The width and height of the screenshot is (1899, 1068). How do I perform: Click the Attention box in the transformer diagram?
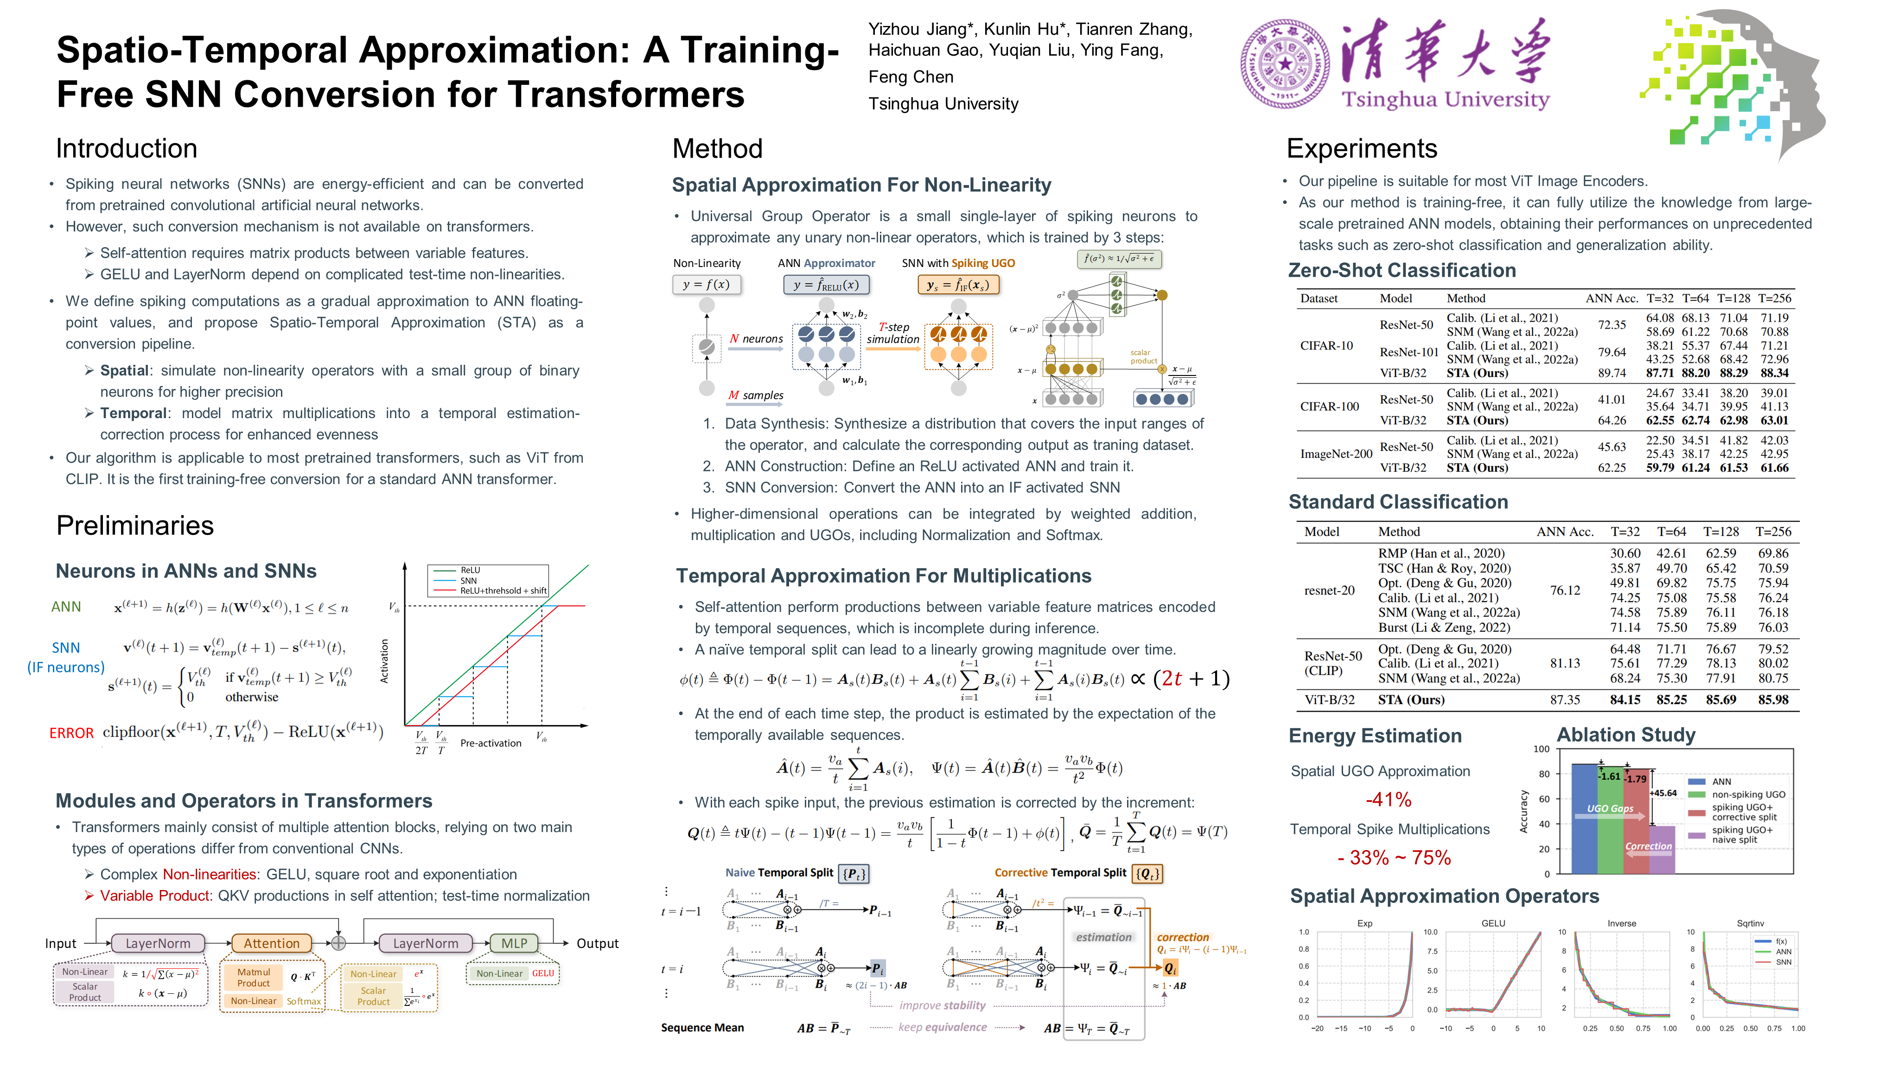point(271,943)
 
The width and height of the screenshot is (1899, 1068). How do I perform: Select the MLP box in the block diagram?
point(514,943)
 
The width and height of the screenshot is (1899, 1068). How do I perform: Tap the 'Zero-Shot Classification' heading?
point(1402,271)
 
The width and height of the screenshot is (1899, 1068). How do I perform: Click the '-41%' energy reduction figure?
point(1388,800)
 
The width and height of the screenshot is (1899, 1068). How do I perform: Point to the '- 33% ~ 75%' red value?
point(1393,858)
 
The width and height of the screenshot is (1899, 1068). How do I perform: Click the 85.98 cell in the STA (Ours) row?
point(1773,699)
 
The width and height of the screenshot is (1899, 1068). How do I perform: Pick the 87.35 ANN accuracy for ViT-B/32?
point(1564,699)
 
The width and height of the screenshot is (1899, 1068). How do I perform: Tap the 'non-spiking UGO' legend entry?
point(1748,795)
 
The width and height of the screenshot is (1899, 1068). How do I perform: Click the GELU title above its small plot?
point(1493,923)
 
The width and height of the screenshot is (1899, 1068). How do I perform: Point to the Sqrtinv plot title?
point(1750,923)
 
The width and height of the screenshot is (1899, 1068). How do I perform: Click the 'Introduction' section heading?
point(127,149)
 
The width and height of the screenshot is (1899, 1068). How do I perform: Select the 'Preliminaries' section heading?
point(135,526)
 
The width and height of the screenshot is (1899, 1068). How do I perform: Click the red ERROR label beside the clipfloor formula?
point(71,733)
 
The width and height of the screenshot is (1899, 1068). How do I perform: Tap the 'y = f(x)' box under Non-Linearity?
point(706,285)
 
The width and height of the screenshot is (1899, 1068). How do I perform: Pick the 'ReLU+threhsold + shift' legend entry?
point(503,591)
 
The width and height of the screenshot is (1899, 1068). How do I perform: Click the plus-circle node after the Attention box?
point(338,943)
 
